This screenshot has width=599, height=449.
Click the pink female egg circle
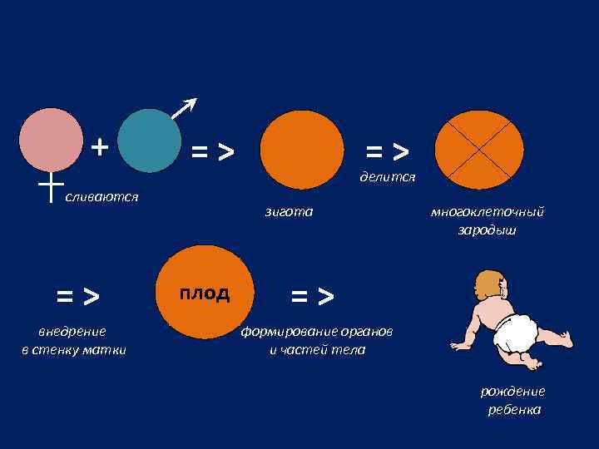52,141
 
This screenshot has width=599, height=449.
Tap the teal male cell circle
150,141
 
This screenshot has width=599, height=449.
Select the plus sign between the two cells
100,147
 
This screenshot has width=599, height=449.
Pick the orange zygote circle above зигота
301,150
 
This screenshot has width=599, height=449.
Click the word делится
387,177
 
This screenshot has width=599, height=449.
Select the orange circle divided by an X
480,150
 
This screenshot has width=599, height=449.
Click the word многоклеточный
487,212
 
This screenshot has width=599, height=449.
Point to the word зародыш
487,229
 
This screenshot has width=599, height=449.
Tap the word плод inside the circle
205,294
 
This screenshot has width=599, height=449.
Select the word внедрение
72,333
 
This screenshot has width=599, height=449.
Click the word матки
108,350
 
